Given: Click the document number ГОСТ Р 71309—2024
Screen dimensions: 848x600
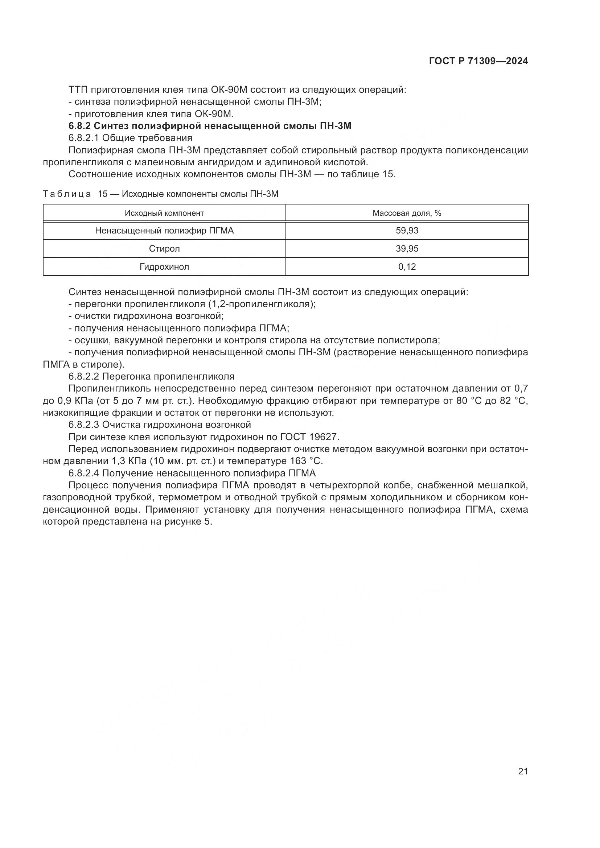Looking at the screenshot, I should click(x=478, y=61).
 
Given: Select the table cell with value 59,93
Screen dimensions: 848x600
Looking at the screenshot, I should click(x=407, y=231).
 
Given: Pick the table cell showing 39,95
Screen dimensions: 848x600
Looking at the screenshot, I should click(x=407, y=249).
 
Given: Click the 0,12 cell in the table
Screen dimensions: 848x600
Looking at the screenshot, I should click(x=407, y=267).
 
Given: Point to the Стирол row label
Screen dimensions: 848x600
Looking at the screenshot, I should click(x=164, y=249).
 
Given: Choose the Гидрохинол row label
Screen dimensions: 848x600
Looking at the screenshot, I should click(x=164, y=267).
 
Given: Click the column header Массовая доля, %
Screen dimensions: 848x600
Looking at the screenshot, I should click(x=407, y=213).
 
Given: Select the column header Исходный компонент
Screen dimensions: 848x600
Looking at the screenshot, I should click(x=164, y=213).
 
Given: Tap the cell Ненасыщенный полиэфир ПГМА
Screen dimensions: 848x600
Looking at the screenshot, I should click(x=164, y=231).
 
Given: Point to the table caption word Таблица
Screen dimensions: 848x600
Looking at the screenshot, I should click(x=67, y=194).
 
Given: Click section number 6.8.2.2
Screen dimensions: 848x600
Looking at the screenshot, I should click(x=84, y=376).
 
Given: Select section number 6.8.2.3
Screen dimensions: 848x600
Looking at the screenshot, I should click(x=84, y=425).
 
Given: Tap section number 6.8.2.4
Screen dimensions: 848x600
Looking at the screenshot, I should click(x=84, y=473).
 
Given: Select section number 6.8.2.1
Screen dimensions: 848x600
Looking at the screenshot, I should click(x=84, y=138).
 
